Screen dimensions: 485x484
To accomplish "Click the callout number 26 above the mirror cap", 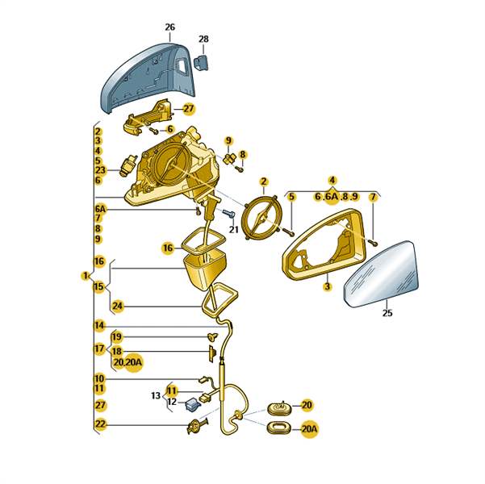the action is tap(169, 27).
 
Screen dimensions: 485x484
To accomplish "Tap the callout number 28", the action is tap(203, 39).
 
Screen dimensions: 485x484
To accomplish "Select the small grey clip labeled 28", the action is tap(201, 62).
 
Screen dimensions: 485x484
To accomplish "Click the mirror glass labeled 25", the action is tap(382, 273).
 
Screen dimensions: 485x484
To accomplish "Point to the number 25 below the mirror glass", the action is tap(387, 313).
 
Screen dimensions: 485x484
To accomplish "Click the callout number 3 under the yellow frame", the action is tap(328, 286).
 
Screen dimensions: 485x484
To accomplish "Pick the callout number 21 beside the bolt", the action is tap(234, 229).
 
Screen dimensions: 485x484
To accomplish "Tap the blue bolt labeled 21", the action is tap(228, 213).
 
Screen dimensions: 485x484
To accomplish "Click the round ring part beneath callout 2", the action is tap(262, 216).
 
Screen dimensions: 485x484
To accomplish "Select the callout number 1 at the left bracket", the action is tap(86, 275).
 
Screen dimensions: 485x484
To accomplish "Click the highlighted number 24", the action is tap(118, 307).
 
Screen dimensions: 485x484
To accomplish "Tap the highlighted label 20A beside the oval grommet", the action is tap(310, 429).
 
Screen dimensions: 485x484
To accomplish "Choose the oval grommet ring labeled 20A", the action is tap(278, 428).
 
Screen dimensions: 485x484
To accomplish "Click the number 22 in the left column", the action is tap(100, 423).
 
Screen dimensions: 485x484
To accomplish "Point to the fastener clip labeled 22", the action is tap(197, 426).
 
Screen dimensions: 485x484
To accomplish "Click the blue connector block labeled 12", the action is tap(192, 404).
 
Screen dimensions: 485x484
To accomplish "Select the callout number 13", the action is tap(156, 395).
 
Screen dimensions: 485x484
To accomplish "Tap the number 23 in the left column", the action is tap(100, 170).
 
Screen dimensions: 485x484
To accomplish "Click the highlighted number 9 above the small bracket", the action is tap(228, 141).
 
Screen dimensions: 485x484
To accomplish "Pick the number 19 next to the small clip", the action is tap(117, 336).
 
